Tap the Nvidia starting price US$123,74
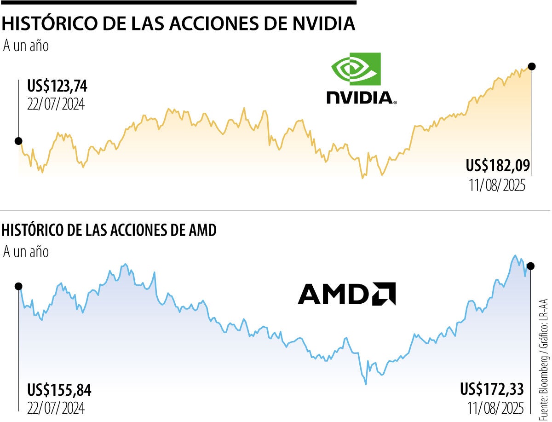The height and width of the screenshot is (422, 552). coord(57,87)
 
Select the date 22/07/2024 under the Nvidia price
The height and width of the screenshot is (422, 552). coord(56,104)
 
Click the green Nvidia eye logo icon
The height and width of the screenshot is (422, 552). coord(356,69)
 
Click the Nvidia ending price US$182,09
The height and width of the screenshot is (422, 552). coord(498,165)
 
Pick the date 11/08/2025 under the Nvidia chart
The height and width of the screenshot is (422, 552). coord(497,185)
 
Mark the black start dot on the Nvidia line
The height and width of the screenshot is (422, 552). coord(18,141)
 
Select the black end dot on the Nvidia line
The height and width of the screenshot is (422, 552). coord(532,66)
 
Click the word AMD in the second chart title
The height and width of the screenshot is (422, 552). coord(201,231)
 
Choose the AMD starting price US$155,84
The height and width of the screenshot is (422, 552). coord(59,391)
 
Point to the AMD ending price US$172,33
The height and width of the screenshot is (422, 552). coord(491,389)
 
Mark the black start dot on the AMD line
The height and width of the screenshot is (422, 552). coord(18,286)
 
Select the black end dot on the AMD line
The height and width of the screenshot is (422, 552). coord(531,266)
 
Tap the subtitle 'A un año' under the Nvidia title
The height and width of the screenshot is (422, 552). coord(26,46)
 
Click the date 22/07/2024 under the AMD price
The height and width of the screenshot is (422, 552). coord(56,408)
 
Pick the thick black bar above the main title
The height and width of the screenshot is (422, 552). coord(178,2)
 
